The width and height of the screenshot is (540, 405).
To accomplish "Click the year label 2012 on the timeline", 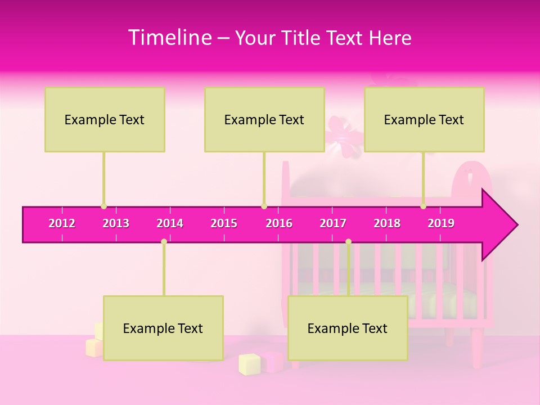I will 62,223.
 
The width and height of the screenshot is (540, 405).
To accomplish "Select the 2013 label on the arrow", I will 116,223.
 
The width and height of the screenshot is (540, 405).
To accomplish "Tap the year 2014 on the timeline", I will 170,223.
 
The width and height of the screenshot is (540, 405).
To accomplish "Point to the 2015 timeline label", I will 224,223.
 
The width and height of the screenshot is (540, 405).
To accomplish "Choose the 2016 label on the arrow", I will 279,223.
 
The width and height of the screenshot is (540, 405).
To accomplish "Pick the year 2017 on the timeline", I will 333,223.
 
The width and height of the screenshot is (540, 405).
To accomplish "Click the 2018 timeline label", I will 387,223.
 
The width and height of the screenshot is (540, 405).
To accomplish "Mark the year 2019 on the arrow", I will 441,223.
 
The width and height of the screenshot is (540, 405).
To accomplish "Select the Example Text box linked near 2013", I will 105,119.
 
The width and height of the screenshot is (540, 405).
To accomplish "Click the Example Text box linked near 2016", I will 264,119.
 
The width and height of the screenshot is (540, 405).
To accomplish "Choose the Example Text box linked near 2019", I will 424,119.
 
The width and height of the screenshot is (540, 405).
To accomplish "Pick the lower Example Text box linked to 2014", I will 163,328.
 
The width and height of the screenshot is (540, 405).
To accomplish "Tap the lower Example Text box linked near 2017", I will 348,328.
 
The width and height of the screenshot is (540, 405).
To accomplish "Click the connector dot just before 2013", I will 103,206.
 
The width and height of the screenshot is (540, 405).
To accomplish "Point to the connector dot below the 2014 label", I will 164,241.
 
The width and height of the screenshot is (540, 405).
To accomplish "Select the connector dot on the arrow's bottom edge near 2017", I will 348,241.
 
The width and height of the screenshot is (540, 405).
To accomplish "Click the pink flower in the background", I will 341,132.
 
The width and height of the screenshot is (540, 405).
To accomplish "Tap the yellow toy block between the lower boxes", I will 249,364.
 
